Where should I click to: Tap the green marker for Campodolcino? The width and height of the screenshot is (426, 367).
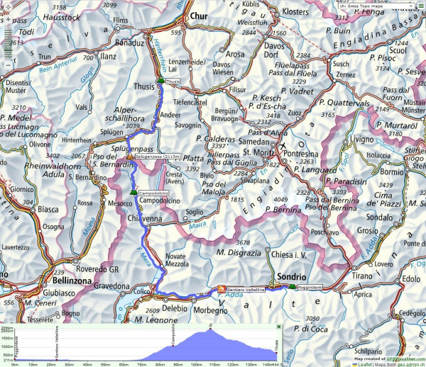tap(133, 192)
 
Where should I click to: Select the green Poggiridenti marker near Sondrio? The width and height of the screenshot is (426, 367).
tap(293, 286)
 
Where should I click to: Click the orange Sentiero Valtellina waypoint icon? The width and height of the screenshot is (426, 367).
tap(221, 289)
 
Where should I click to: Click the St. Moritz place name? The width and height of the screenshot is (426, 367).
tap(261, 150)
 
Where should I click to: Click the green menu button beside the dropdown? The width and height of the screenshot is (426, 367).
tap(421, 6)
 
